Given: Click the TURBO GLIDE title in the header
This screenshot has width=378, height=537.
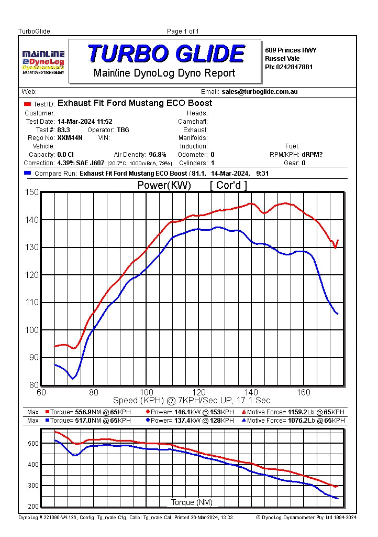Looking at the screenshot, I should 165,54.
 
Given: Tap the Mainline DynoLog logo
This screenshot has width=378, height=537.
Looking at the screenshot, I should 43,61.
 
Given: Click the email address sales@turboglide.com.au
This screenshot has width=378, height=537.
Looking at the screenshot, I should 260,92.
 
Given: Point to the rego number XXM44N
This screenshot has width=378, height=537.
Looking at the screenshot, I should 70,138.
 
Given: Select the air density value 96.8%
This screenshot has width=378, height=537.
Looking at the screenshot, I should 158,155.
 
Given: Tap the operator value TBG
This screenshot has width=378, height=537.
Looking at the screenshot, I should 123,130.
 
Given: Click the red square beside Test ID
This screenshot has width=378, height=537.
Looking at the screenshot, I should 28,104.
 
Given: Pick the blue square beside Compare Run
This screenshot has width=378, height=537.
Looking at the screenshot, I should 28,173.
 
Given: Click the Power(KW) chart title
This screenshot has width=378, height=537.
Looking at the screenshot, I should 164,185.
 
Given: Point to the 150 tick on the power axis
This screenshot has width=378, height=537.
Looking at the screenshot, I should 32,192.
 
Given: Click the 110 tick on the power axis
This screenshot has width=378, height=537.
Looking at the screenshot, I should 32,303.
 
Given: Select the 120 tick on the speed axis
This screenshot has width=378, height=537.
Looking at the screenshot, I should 199,392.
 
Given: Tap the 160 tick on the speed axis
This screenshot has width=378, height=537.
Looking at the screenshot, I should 304,392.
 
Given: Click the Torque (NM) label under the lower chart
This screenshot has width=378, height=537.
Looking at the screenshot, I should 192,502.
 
